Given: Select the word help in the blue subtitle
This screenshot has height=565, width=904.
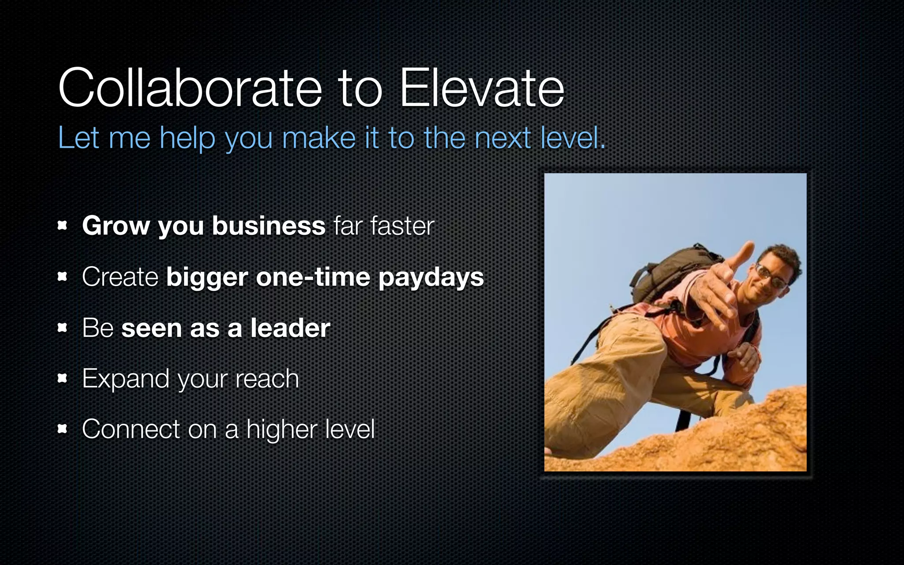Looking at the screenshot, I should click(x=188, y=138).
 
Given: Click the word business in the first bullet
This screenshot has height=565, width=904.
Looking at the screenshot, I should click(x=268, y=226).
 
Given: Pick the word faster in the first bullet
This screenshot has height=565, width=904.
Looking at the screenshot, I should click(x=402, y=226).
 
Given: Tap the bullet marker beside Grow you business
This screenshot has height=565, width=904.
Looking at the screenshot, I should click(x=62, y=226).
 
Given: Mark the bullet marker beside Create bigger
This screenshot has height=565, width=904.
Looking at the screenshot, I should click(x=62, y=277).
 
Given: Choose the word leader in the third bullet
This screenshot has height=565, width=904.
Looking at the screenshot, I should click(x=290, y=328).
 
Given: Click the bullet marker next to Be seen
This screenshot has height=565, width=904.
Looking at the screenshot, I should click(x=62, y=328).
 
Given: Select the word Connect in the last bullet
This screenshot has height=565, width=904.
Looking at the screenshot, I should click(x=131, y=429).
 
